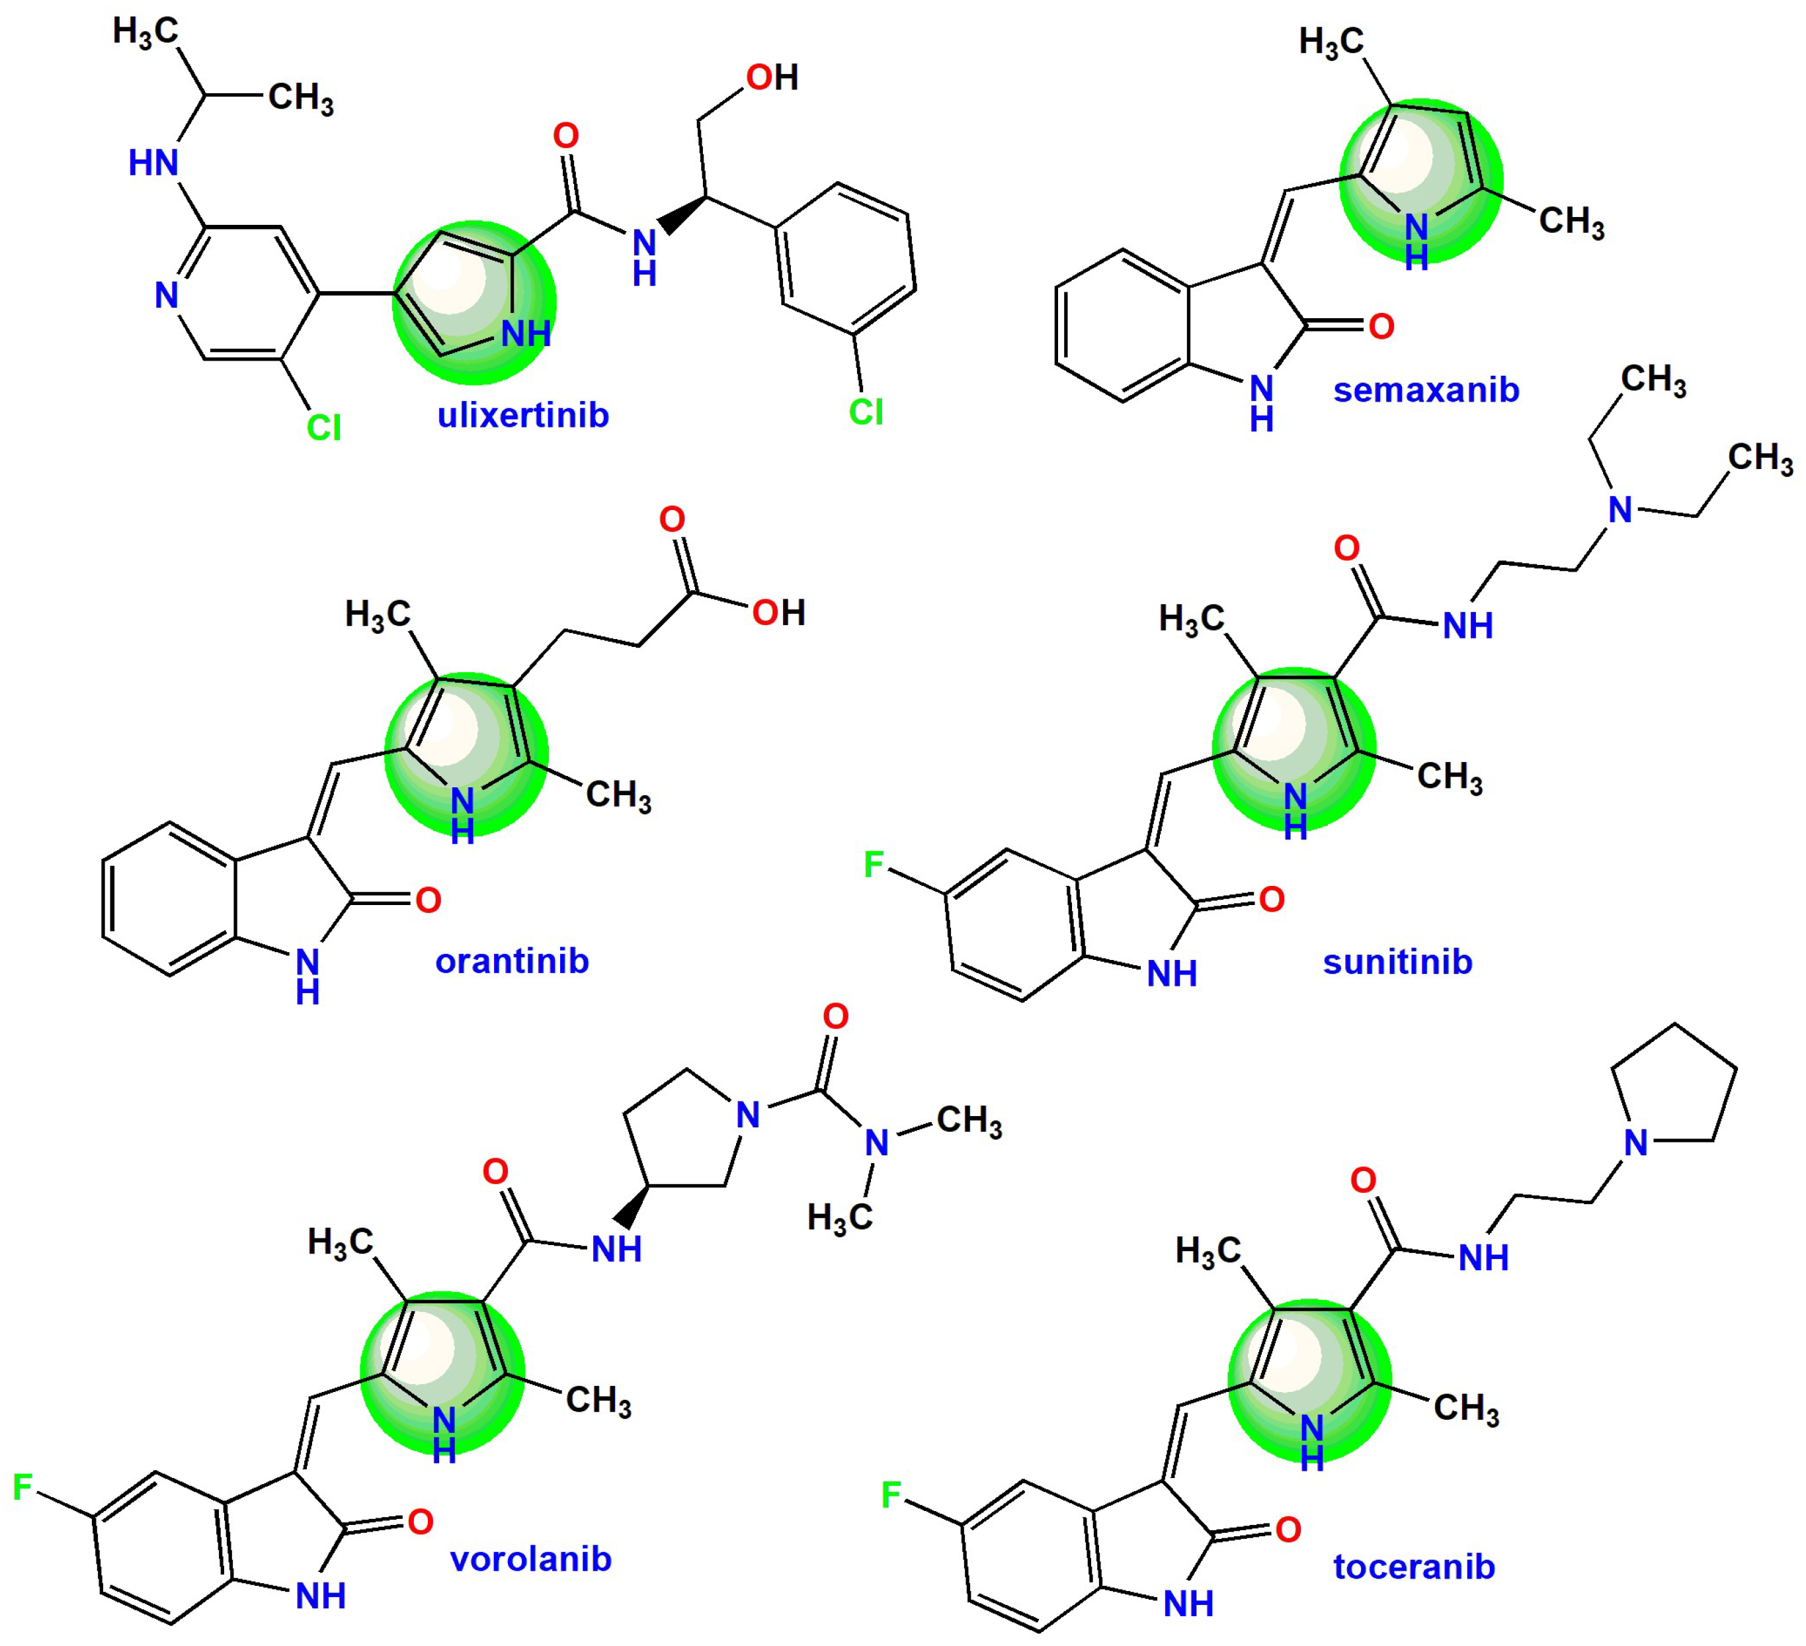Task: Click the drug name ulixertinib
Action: (x=522, y=415)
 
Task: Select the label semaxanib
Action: (x=1426, y=390)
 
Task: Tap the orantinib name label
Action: (x=512, y=961)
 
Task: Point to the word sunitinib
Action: (x=1397, y=961)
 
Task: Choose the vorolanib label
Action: (x=530, y=1559)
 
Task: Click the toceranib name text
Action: (x=1415, y=1566)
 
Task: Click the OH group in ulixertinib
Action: (x=771, y=78)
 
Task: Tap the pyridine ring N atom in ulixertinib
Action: (x=167, y=296)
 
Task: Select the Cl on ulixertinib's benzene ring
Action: (x=866, y=412)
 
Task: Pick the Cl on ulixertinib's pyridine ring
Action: (x=323, y=427)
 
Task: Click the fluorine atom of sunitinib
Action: (x=874, y=865)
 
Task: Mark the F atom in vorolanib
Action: (x=22, y=1487)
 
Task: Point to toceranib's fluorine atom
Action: (x=891, y=1494)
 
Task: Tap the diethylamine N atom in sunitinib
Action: (x=1620, y=511)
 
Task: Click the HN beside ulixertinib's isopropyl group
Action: (x=153, y=163)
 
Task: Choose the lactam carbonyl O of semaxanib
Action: (x=1381, y=327)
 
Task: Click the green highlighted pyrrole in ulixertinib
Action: (x=474, y=302)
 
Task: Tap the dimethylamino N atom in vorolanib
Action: (x=877, y=1143)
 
